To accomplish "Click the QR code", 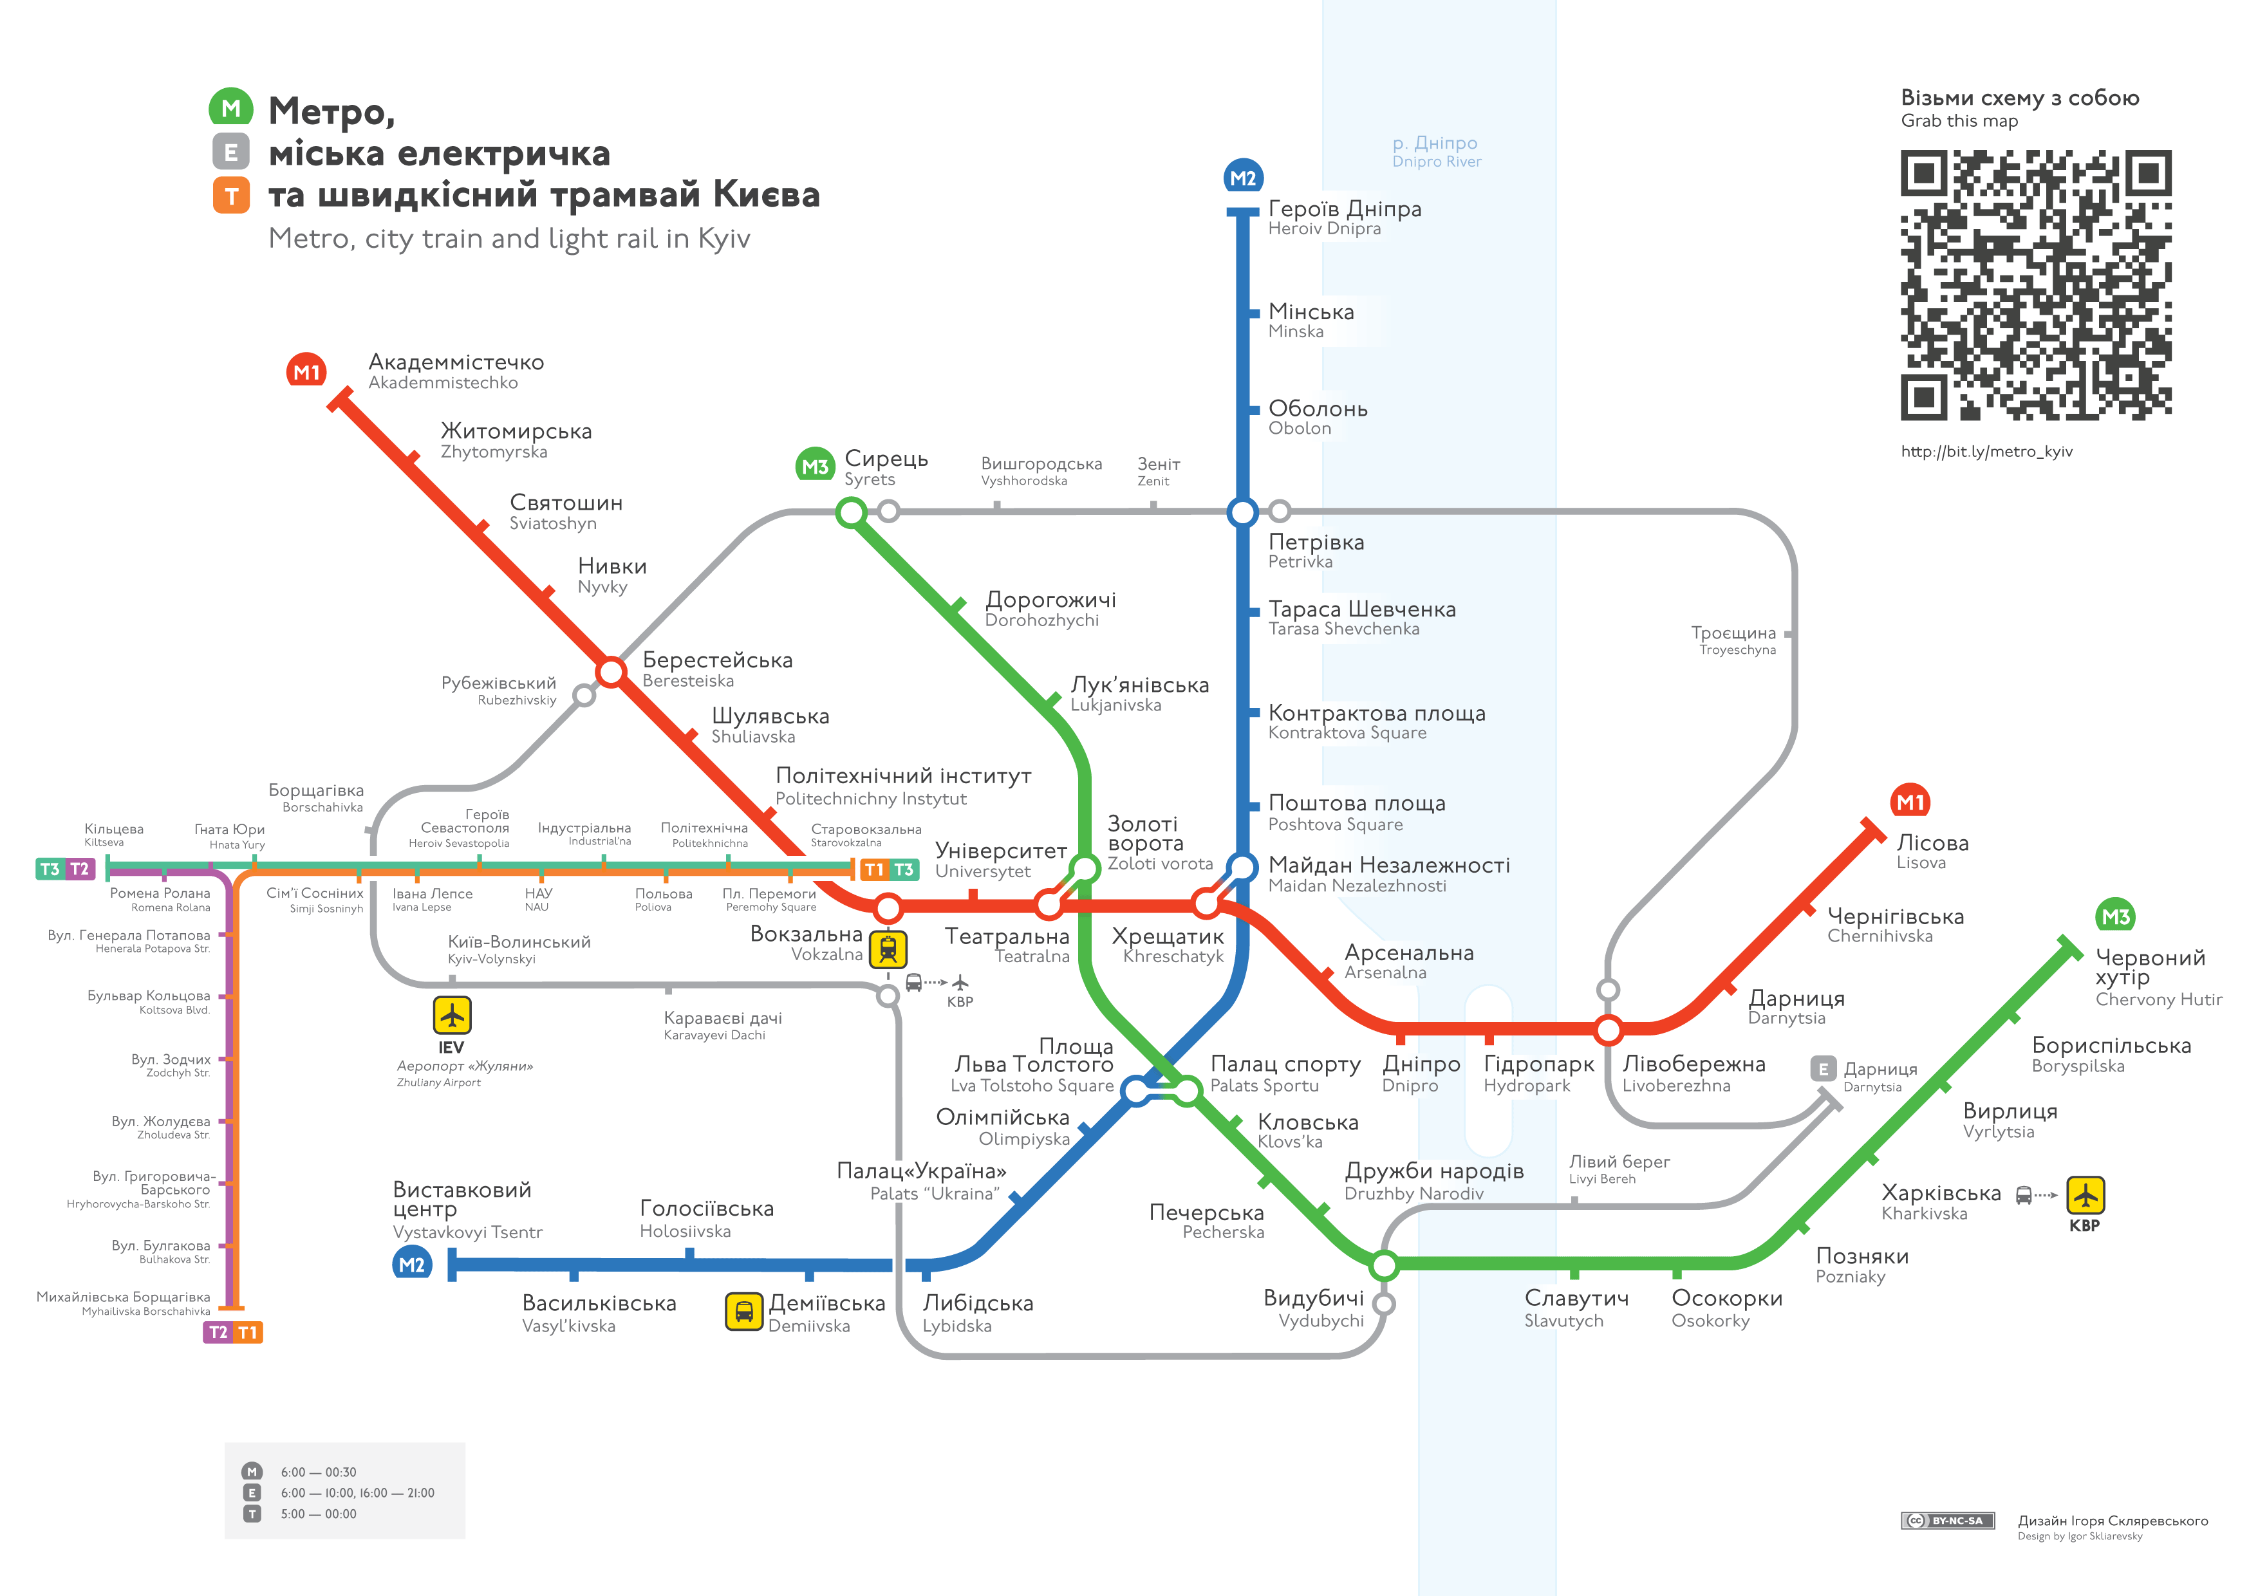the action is (2036, 285).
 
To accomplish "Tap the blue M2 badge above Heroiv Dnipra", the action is (1243, 178).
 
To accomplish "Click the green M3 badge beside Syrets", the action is (816, 466).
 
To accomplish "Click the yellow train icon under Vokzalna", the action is (888, 950).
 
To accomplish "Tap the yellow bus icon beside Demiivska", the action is (743, 1311).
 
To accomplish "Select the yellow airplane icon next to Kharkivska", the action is (2085, 1195).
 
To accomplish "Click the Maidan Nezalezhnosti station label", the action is (1388, 874).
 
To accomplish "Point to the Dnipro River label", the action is (1437, 151).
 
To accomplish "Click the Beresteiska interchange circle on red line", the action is (611, 672).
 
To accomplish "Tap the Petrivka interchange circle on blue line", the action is (1243, 512).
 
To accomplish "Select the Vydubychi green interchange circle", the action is (1384, 1265).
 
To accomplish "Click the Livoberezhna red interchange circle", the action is (1609, 1030).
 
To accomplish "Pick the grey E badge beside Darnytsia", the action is (1824, 1069).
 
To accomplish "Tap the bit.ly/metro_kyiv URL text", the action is (1986, 451).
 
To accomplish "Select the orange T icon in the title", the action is (231, 196).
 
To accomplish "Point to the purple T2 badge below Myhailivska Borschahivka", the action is (218, 1332).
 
